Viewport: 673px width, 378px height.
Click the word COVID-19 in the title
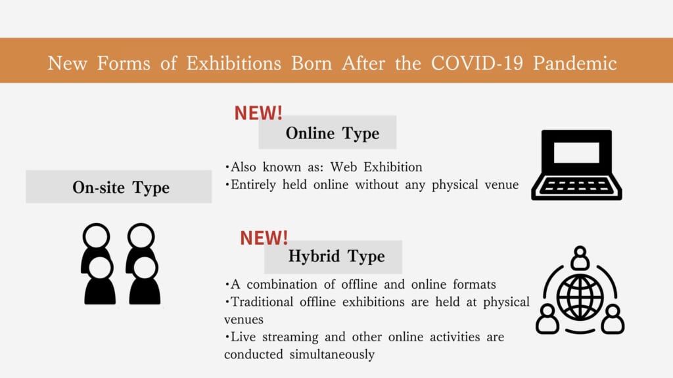pyautogui.click(x=477, y=63)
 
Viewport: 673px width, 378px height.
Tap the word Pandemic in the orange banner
pyautogui.click(x=574, y=63)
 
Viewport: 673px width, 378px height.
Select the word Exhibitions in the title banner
pyautogui.click(x=233, y=63)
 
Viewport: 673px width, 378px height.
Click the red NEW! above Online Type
pyautogui.click(x=258, y=113)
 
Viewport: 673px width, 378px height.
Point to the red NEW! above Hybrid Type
pyautogui.click(x=264, y=238)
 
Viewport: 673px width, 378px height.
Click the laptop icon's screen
pyautogui.click(x=576, y=152)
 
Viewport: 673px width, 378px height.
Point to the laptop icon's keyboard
pyautogui.click(x=576, y=187)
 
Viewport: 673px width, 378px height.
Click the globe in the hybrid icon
pyautogui.click(x=580, y=297)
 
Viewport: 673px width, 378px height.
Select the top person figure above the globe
pyautogui.click(x=580, y=257)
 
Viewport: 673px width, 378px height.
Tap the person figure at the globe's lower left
pyautogui.click(x=547, y=319)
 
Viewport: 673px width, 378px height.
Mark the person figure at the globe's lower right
pyautogui.click(x=613, y=319)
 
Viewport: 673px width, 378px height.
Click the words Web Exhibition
pyautogui.click(x=377, y=167)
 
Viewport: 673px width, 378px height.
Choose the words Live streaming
pyautogui.click(x=274, y=337)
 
